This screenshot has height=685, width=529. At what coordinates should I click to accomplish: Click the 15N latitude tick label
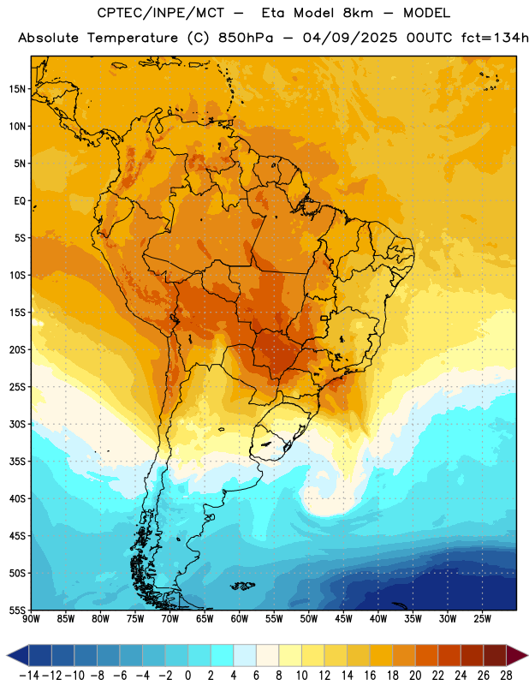(17, 89)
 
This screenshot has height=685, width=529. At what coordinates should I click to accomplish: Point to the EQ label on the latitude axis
(20, 201)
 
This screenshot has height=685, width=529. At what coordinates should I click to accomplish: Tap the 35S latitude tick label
(17, 462)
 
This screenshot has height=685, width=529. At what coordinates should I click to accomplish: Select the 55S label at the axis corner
(17, 610)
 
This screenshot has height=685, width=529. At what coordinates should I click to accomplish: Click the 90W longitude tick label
(31, 619)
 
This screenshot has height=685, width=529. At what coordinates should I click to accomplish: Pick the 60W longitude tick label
(240, 619)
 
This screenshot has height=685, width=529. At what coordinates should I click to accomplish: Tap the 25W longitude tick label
(482, 619)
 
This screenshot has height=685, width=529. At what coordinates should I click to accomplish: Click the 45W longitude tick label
(343, 619)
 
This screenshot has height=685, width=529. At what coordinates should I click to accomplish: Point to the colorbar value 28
(506, 676)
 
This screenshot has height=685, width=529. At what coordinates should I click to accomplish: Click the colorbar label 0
(187, 676)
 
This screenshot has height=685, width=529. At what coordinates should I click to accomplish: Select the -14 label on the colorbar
(29, 676)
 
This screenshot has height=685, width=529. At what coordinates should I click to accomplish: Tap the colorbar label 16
(370, 676)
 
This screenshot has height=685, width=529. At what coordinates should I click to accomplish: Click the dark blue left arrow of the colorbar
(18, 655)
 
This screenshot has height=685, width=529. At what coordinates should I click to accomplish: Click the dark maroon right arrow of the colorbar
(517, 655)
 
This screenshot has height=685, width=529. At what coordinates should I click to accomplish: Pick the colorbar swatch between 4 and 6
(245, 655)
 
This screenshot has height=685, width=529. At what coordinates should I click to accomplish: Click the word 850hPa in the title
(246, 38)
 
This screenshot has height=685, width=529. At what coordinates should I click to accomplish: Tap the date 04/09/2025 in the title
(350, 38)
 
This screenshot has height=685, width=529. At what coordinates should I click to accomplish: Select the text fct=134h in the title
(495, 38)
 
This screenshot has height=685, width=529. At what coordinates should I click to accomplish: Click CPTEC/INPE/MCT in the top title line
(161, 13)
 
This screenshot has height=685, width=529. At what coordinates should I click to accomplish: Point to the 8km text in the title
(358, 13)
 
